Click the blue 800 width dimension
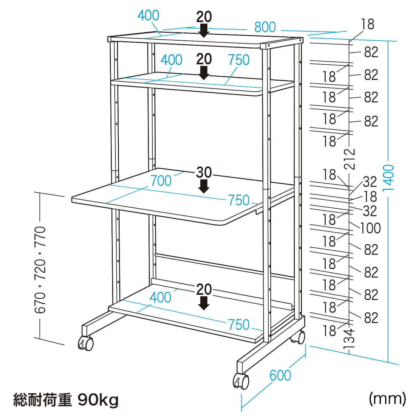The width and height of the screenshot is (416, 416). point(265,27)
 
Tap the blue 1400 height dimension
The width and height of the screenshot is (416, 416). point(389,178)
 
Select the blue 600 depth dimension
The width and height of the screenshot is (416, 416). point(280,375)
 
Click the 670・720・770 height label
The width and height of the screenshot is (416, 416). point(41,270)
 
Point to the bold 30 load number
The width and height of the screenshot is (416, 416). point(204,172)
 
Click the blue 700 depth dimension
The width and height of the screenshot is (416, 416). point(161,181)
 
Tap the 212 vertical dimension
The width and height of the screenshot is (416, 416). point(350,159)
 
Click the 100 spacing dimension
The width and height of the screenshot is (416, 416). point(370,228)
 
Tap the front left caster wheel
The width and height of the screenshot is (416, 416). point(86,343)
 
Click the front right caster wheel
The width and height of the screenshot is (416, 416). point(241,381)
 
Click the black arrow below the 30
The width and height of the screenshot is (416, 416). point(204,187)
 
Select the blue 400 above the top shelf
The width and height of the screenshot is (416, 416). point(148,16)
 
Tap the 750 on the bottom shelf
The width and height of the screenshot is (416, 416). point(239,325)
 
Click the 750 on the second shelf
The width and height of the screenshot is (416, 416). point(239,60)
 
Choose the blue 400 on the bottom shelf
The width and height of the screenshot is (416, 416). point(160,297)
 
